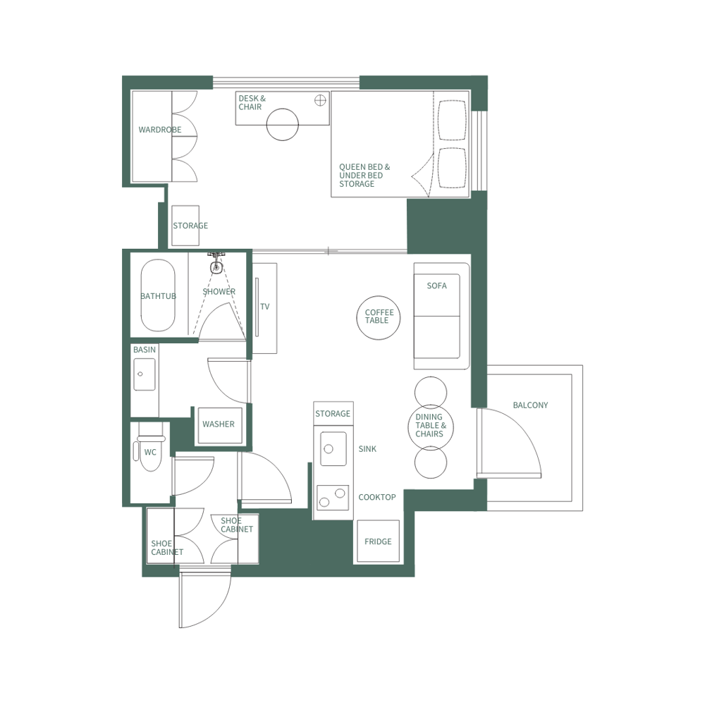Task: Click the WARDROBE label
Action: [159, 130]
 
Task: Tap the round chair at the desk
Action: [283, 124]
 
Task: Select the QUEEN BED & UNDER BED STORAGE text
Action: [364, 176]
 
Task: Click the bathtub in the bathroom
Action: [158, 296]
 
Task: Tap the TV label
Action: [265, 307]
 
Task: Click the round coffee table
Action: [379, 317]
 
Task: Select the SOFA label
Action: [436, 286]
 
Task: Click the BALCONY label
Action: [530, 405]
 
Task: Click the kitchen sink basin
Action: [333, 448]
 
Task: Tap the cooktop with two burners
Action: [333, 498]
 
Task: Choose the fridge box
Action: [378, 541]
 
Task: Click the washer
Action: [219, 425]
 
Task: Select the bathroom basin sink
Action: [145, 374]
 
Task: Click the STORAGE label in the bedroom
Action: [190, 226]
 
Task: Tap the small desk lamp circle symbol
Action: [321, 99]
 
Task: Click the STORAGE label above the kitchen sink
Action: [333, 413]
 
